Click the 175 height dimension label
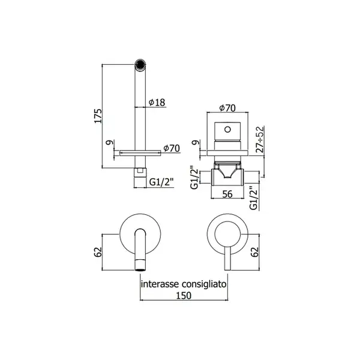98,116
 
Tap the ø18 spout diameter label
157,103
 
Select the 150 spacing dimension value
184,295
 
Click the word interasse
160,284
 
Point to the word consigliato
204,284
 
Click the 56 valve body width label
227,194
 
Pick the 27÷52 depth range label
260,139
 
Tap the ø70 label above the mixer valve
227,108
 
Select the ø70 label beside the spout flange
172,148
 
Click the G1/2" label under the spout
161,182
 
